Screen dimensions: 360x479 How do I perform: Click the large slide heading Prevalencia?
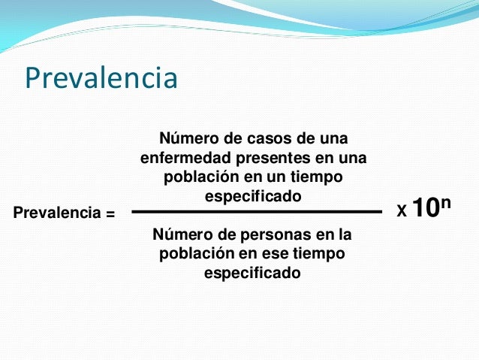click(101, 78)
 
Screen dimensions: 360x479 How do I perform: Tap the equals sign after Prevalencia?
click(110, 214)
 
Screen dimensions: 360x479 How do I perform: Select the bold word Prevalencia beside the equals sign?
click(57, 214)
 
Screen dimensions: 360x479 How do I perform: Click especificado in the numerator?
click(252, 196)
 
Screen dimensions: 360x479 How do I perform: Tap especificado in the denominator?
click(252, 273)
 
